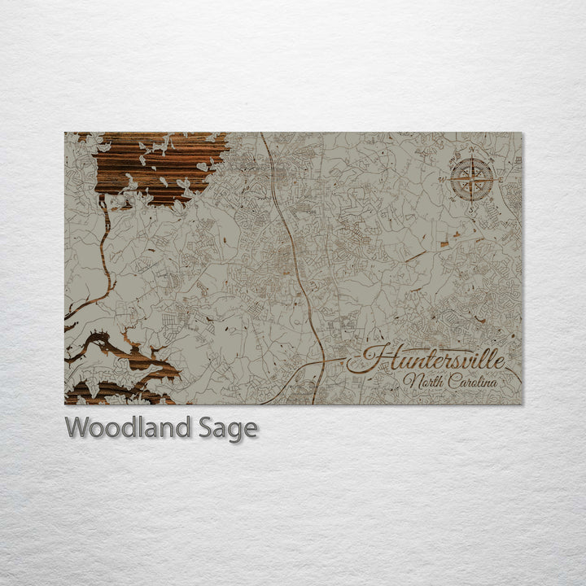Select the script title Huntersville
click(x=426, y=359)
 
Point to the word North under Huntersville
click(x=422, y=382)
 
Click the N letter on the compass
click(x=472, y=149)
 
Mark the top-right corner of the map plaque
click(x=523, y=133)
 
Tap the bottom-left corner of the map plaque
click(x=65, y=404)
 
